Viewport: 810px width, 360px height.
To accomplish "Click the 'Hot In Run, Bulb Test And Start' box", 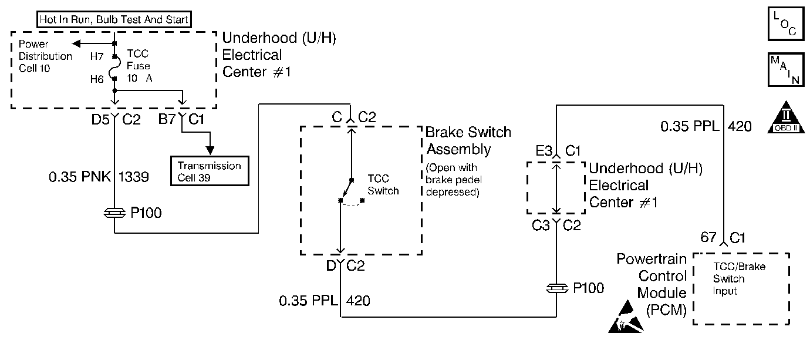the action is [x=114, y=19].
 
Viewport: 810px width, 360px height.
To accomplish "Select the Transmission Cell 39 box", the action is [x=210, y=171].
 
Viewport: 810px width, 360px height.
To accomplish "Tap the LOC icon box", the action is [x=786, y=23].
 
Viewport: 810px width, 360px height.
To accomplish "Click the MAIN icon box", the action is [x=786, y=69].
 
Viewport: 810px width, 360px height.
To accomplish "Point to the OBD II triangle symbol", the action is [x=786, y=117].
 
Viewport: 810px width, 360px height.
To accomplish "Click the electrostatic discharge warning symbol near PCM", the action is [x=626, y=317].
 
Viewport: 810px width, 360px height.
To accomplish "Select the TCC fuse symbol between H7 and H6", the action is [x=113, y=68].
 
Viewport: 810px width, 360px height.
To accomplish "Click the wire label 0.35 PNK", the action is [x=80, y=177].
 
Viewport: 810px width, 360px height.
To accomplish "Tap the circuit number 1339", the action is [x=133, y=177].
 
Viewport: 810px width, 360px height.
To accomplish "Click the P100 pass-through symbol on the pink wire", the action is [x=114, y=213].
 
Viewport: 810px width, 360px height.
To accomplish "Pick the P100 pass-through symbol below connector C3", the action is [x=557, y=288].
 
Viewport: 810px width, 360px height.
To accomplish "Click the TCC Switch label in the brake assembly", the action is [x=383, y=184].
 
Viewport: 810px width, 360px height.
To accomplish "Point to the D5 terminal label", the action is [x=100, y=119].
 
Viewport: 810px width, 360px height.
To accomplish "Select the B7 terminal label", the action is [x=167, y=119].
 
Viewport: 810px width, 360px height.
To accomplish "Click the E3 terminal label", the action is [x=544, y=151].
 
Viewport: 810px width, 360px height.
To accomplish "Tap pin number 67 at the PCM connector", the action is [x=708, y=237].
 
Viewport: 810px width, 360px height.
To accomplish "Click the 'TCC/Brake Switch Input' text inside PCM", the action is [x=739, y=278].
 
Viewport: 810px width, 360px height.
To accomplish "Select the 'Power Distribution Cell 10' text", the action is [x=45, y=56].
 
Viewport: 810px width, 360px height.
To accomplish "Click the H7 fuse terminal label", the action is [x=97, y=56].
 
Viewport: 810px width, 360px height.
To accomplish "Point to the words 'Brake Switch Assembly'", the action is [x=468, y=141].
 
